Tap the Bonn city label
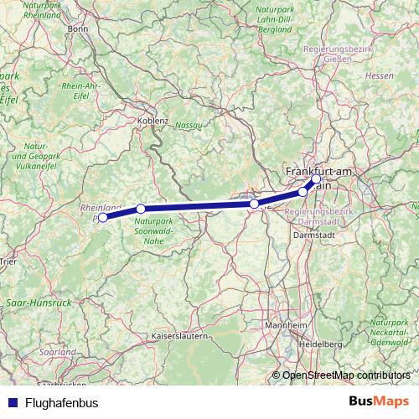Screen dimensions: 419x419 pos(78,28)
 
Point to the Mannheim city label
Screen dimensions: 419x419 pos(282,325)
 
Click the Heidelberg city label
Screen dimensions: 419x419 pos(322,344)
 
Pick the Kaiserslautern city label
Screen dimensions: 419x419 pos(178,336)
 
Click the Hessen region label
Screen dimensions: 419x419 pos(380,75)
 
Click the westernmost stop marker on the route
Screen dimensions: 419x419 pos(103,218)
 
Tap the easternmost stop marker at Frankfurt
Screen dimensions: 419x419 pos(316,178)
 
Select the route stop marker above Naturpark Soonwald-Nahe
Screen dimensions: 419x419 pos(141,209)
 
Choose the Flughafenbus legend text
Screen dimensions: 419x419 pos(61,403)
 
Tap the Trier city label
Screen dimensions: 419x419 pos(8,261)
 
